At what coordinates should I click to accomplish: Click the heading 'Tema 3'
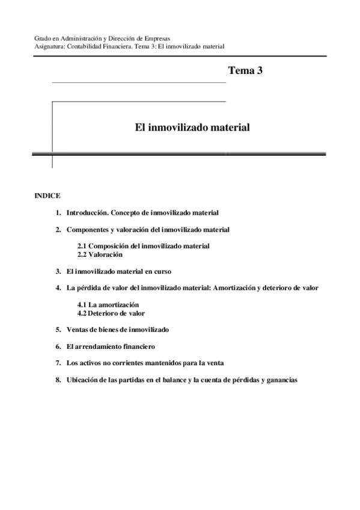(x=245, y=71)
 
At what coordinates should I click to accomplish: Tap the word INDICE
(x=47, y=195)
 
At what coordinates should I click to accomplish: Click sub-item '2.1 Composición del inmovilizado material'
(x=144, y=247)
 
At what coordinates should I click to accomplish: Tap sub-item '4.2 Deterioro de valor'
(x=111, y=313)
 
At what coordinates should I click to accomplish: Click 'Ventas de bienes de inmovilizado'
(x=118, y=330)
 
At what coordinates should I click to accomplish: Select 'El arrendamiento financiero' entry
(x=111, y=346)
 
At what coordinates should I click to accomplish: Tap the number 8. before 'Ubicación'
(x=58, y=380)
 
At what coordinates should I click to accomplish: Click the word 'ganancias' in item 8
(x=282, y=380)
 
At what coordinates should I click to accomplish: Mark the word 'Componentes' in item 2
(x=85, y=230)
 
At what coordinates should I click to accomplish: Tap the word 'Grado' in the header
(x=41, y=38)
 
